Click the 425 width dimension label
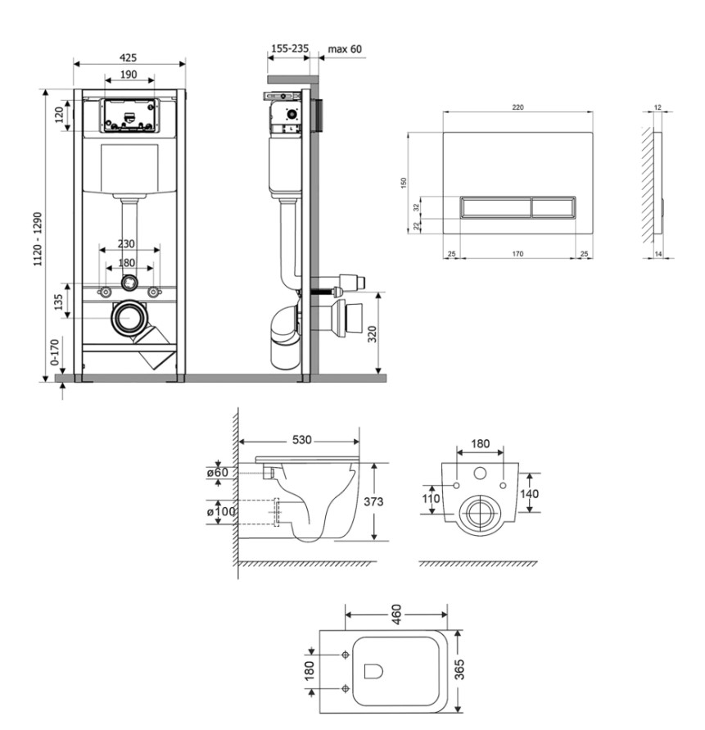coord(129,57)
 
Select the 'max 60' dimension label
coord(345,49)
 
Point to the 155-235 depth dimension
coord(290,48)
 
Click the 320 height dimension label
coord(373,333)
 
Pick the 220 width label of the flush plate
coord(518,107)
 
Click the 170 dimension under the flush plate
coord(517,254)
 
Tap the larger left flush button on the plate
coord(495,207)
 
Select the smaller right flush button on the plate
coord(554,207)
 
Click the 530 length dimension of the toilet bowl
coord(301,439)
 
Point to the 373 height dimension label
coord(373,501)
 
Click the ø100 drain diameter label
coord(221,511)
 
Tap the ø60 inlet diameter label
coord(218,472)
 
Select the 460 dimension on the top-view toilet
coord(395,614)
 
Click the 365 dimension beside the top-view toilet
coord(459,669)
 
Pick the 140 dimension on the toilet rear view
coord(529,493)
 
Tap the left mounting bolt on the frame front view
coord(105,292)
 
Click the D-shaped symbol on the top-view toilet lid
coord(373,671)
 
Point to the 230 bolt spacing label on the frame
coord(125,243)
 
